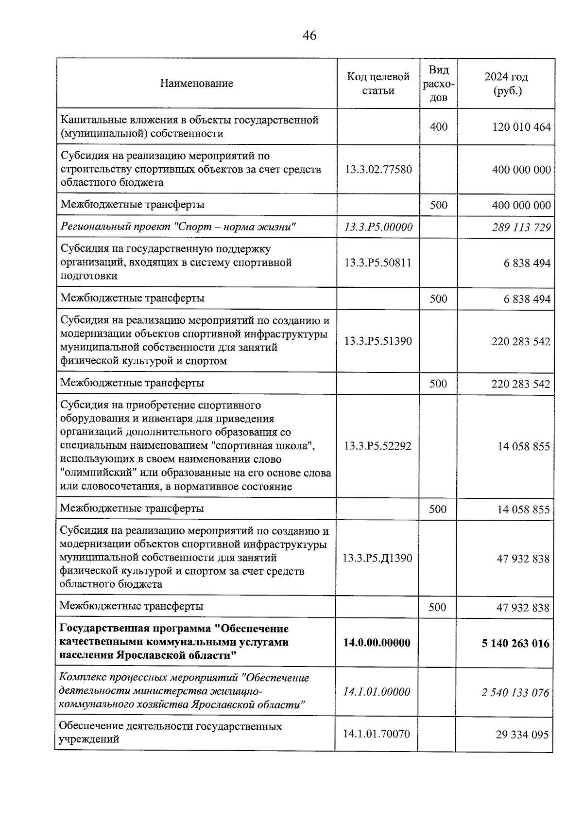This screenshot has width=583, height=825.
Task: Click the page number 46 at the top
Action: [309, 35]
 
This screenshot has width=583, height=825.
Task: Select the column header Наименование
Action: [197, 83]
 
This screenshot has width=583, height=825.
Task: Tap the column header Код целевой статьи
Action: [378, 84]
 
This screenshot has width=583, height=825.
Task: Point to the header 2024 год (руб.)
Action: [506, 84]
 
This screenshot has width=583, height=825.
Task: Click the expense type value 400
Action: [438, 127]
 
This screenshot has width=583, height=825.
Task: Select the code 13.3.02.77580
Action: [378, 170]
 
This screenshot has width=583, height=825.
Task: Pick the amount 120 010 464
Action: [521, 127]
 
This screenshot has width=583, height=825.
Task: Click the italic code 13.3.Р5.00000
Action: [378, 227]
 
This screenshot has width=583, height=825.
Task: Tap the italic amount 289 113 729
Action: [521, 228]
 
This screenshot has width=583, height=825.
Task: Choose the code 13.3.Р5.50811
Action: [378, 263]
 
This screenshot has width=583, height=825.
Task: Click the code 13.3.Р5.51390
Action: [378, 341]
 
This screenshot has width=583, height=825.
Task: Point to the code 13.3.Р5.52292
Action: [377, 446]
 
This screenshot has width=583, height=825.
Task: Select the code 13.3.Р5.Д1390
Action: [377, 559]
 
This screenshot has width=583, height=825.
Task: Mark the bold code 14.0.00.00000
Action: [377, 643]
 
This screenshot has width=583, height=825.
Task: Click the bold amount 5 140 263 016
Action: [515, 644]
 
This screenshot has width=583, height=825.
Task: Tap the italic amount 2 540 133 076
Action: [515, 692]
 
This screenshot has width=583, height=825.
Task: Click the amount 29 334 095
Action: [522, 735]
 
